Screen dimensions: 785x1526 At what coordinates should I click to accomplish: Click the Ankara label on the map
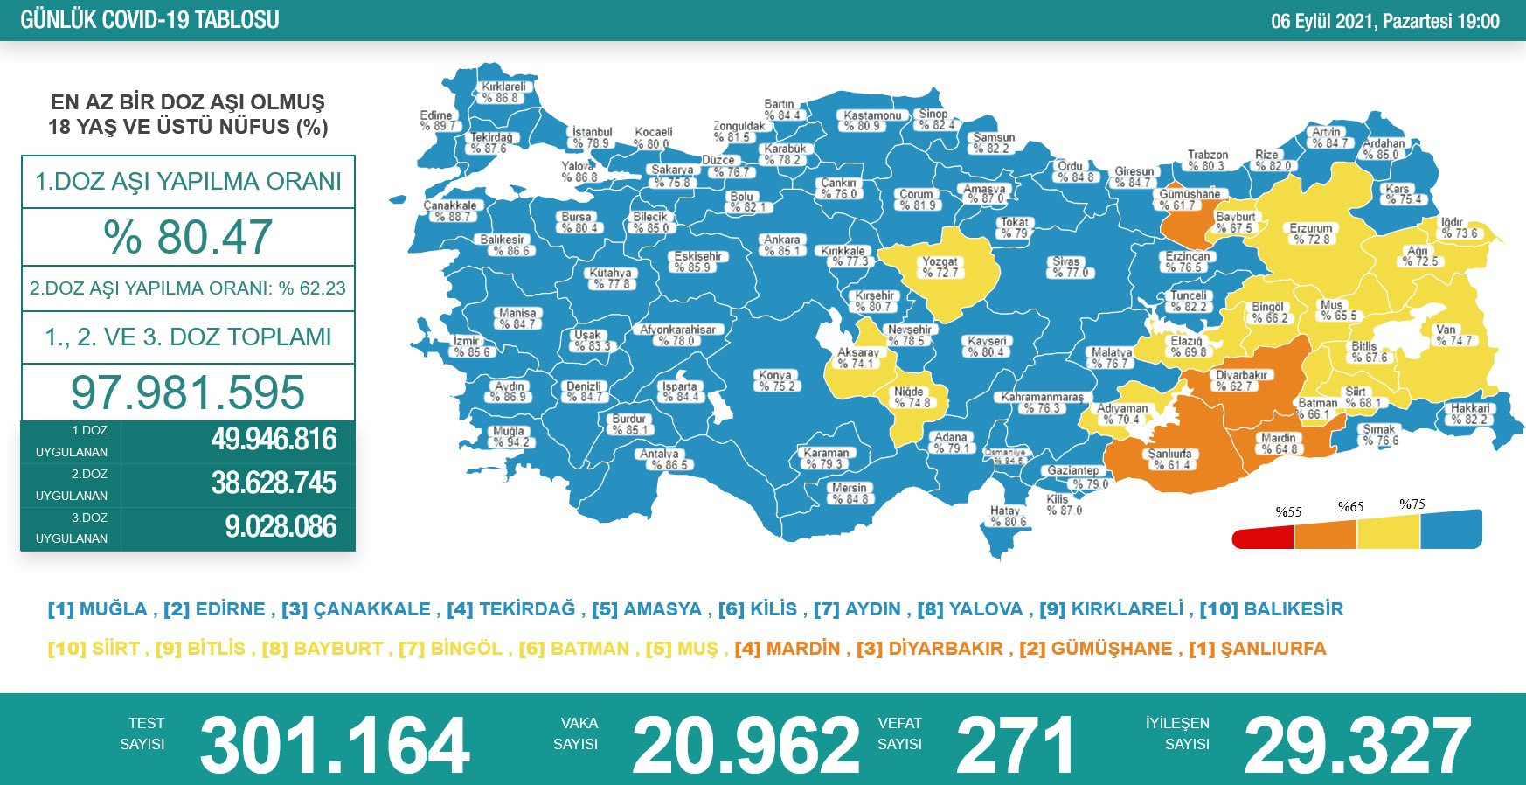click(x=781, y=245)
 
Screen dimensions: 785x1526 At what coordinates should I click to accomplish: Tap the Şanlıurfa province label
click(x=1169, y=459)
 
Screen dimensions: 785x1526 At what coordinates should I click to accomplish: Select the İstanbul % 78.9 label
click(x=592, y=137)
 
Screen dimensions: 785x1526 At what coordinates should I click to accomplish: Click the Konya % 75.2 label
click(x=775, y=380)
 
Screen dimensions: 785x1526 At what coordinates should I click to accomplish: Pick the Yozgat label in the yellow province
click(x=940, y=267)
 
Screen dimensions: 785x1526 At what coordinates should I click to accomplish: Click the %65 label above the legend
click(x=1350, y=507)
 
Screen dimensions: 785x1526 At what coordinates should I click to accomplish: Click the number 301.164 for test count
click(x=335, y=746)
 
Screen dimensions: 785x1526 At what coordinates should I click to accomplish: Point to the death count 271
click(x=1015, y=746)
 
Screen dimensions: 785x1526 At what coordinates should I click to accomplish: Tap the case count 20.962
click(x=746, y=746)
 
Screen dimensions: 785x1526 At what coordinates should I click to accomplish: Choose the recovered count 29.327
click(x=1357, y=746)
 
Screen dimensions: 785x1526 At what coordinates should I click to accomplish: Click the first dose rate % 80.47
click(x=188, y=237)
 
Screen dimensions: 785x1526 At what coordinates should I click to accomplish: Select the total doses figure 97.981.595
click(x=188, y=392)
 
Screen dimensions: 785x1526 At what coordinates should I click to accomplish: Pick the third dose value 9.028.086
click(x=281, y=527)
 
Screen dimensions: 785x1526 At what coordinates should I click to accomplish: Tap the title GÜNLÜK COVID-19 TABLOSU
click(x=149, y=20)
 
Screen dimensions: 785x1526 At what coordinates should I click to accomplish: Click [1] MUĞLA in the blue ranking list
click(x=98, y=609)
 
